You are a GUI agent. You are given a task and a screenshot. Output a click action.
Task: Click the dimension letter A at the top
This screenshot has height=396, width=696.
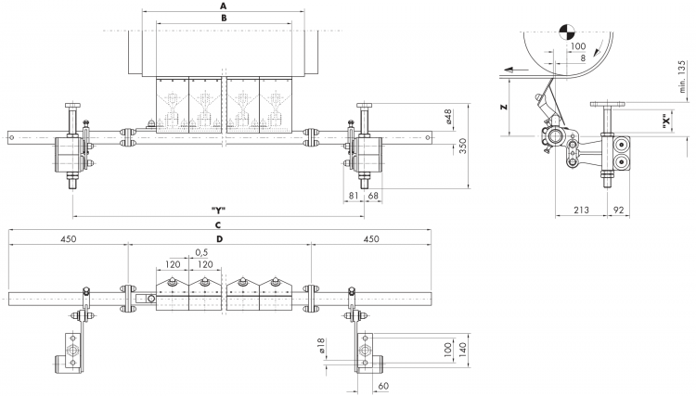pos(224,6)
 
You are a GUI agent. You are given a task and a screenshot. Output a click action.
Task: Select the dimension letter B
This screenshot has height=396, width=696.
pos(224,18)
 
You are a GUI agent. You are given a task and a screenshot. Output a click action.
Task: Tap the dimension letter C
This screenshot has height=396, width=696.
pos(217,225)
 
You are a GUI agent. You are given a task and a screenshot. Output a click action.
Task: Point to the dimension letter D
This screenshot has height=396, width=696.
pos(219,239)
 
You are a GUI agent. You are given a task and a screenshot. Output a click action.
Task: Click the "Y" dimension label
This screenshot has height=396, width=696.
pos(218,211)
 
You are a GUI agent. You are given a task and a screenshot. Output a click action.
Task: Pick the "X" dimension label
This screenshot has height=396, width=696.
pos(665,121)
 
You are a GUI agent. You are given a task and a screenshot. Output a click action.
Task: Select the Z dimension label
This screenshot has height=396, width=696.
pos(503,107)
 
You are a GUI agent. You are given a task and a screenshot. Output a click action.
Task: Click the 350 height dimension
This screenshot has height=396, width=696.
pos(462,147)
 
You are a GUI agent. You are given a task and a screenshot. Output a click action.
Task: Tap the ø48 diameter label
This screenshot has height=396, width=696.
pos(448,116)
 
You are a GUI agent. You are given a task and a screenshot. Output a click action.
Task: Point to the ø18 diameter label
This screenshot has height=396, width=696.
pos(322,345)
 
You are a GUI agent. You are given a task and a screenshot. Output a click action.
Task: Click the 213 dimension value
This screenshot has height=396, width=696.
pos(581,210)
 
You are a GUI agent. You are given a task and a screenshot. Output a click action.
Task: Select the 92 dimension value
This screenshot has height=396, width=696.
pos(618,210)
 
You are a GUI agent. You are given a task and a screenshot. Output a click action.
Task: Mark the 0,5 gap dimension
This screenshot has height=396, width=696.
pos(201,252)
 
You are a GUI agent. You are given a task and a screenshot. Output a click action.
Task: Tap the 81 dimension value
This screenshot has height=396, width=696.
pos(354,195)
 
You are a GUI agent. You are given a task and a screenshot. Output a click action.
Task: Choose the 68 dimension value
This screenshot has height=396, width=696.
pos(373,195)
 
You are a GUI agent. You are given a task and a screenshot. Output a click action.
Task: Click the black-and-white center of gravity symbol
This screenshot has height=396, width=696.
pos(567,31)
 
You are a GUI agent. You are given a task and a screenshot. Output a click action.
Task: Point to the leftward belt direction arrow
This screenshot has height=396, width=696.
pos(516,70)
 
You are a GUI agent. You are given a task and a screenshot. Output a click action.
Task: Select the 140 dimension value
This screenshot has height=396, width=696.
pos(463,351)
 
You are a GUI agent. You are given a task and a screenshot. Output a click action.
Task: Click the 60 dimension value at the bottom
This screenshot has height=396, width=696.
pos(383,386)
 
